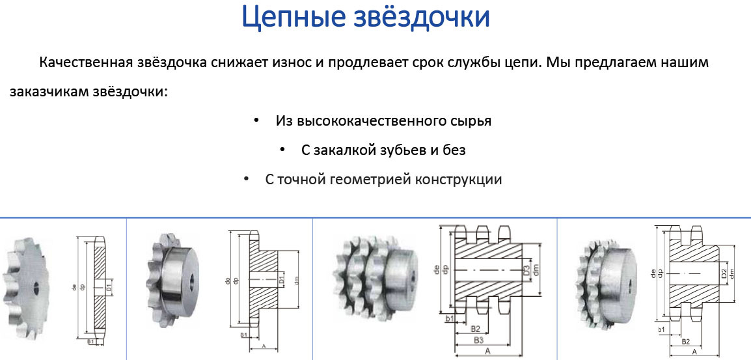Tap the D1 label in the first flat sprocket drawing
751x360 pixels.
(x=109, y=285)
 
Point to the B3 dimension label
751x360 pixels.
(x=478, y=340)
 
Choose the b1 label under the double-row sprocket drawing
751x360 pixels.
(x=661, y=330)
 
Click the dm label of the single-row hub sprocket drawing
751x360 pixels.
(x=297, y=280)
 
